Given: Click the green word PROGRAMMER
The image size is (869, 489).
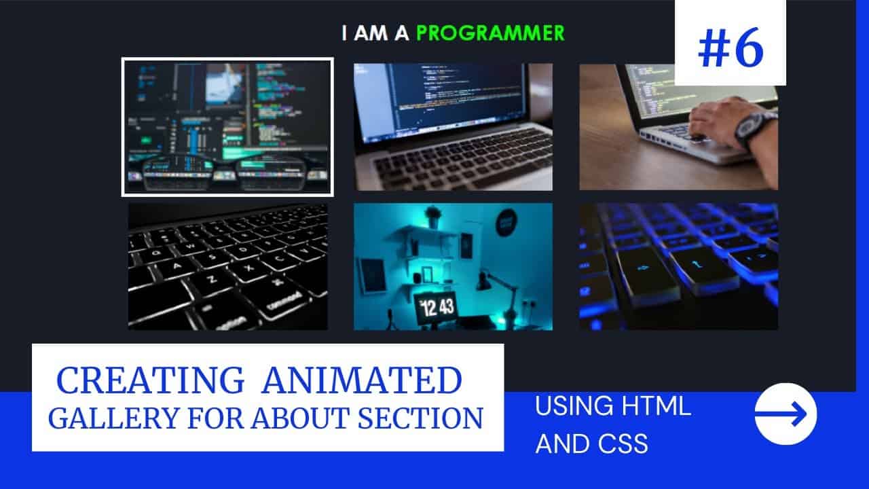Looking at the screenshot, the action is pos(490,33).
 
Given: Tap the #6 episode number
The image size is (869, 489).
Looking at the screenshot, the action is pos(731,48).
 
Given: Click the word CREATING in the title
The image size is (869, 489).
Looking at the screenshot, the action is pos(150,380).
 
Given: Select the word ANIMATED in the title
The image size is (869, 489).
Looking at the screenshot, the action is pos(362,380).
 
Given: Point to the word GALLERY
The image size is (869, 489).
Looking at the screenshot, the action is pos(113,418).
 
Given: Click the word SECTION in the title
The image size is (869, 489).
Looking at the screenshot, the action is pos(420,418).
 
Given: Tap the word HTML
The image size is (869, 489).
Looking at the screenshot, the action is pos(656,406).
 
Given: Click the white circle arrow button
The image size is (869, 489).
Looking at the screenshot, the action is pos(785,414).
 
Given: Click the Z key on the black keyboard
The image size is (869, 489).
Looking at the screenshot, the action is pos(212,279).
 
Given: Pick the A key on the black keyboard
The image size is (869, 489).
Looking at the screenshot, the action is pos(177,266).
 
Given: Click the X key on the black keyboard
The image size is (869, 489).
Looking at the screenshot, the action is pos(249,268).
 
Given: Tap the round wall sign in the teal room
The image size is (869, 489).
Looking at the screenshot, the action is pos(506,222).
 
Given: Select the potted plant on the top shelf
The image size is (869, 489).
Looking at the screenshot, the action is pos(433,217).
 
